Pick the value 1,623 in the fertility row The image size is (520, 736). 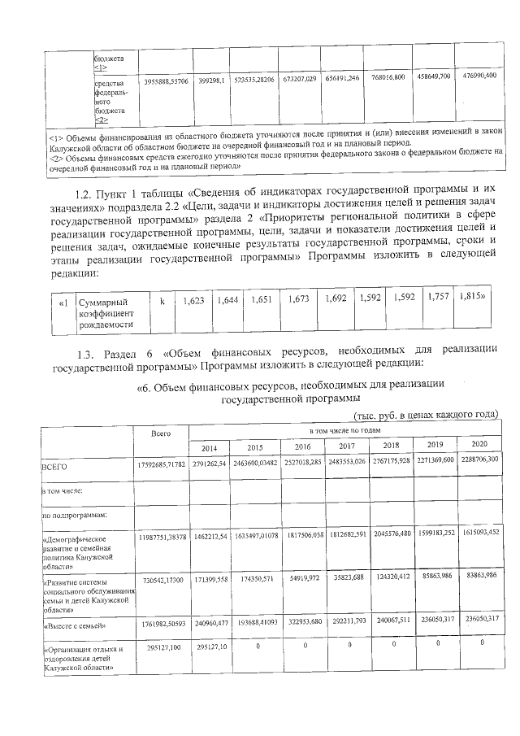point(194,301)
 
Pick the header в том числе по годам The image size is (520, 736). point(344,429)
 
